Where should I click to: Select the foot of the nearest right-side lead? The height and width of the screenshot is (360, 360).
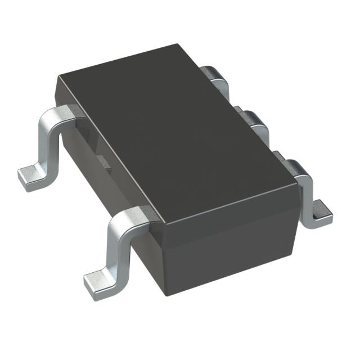point(321,212)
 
